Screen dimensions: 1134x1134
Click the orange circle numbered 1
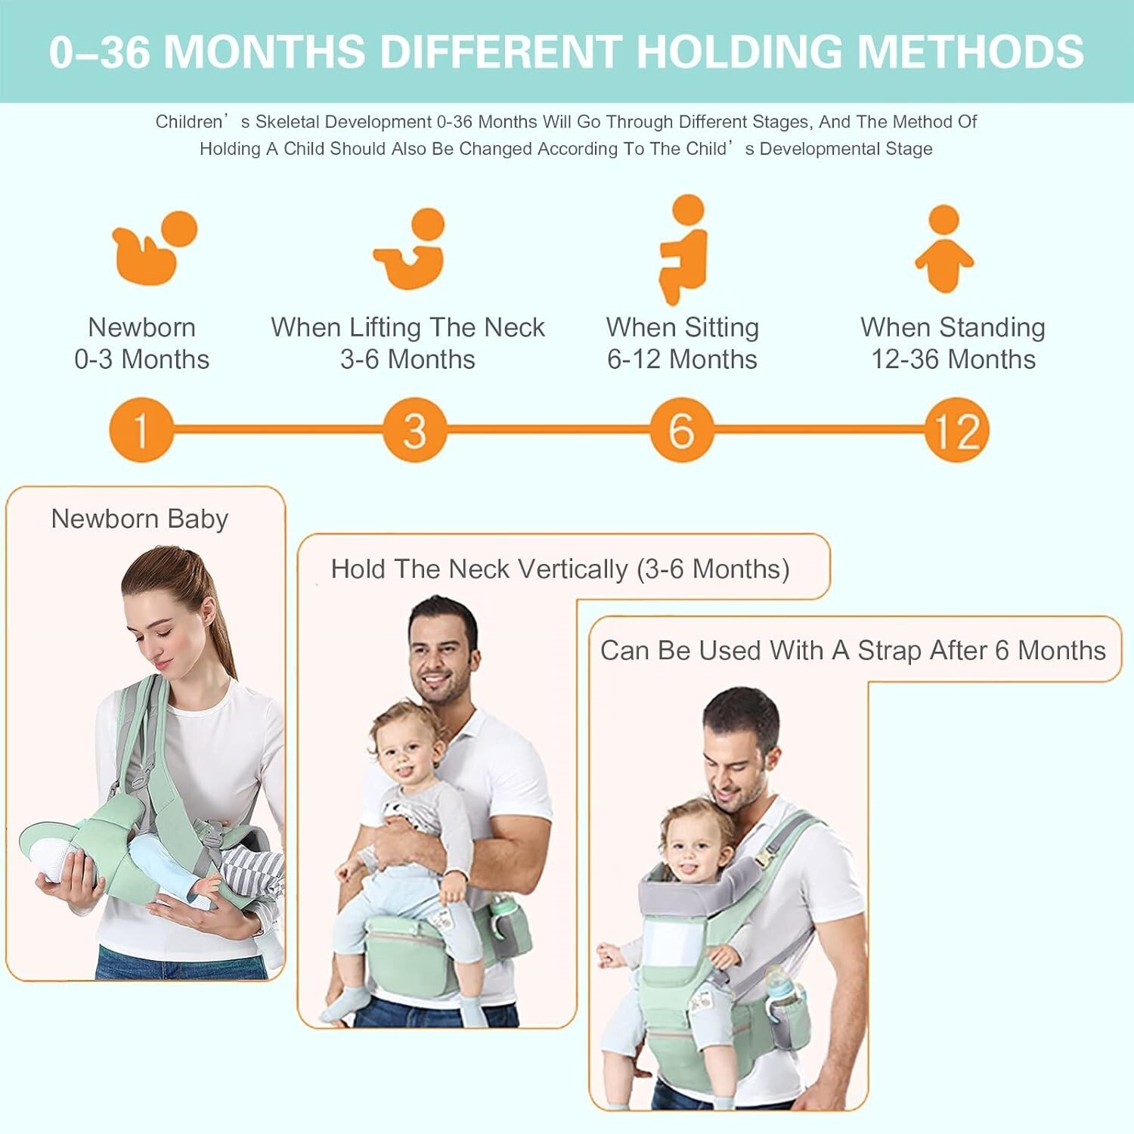click(x=141, y=429)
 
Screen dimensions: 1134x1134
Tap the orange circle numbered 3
click(x=414, y=429)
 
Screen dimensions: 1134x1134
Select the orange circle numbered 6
click(x=681, y=429)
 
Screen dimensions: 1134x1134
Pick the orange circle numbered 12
click(x=957, y=429)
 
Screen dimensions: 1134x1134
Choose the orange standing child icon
click(x=944, y=249)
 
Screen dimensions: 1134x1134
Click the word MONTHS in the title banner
click(x=265, y=51)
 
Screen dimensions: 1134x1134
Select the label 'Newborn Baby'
click(x=140, y=519)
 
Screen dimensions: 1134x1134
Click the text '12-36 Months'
click(x=953, y=359)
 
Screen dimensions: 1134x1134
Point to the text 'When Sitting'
click(x=683, y=327)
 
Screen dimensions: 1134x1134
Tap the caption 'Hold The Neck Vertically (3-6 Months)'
click(x=560, y=569)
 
